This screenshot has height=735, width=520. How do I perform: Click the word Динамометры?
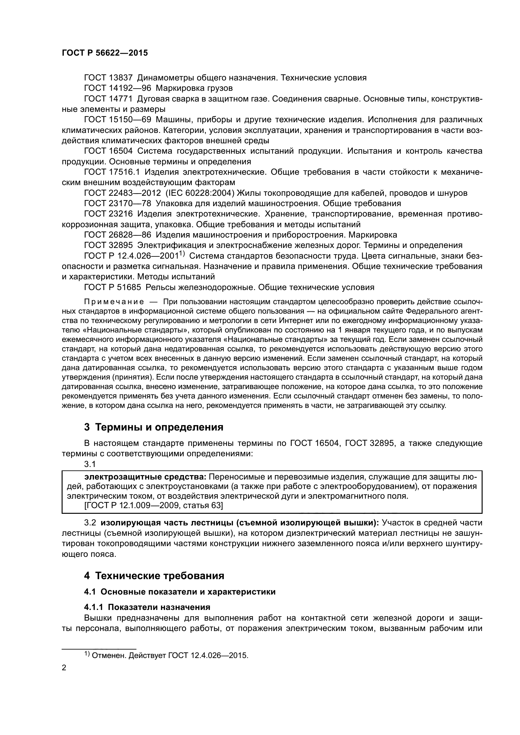(166, 78)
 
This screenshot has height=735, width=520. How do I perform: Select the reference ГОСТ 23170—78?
(117, 204)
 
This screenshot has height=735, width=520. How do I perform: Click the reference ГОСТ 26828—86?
(117, 235)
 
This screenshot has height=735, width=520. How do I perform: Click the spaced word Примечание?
(114, 302)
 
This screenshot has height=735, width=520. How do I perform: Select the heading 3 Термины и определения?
(154, 427)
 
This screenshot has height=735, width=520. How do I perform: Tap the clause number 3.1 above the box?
(90, 464)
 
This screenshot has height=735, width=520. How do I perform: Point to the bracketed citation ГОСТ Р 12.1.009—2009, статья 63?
(145, 506)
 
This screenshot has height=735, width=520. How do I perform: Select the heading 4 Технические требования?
(154, 576)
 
